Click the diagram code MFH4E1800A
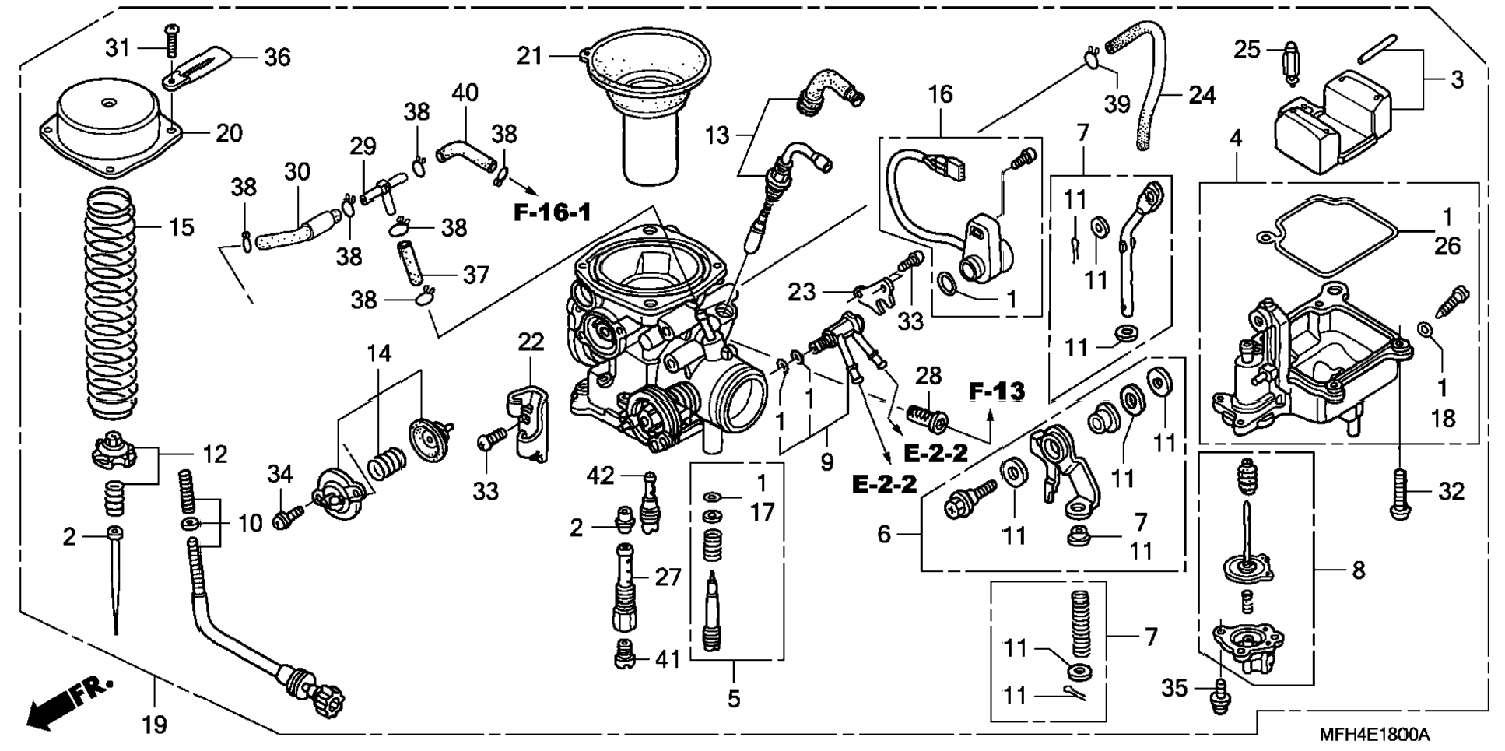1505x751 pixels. pyautogui.click(x=1373, y=735)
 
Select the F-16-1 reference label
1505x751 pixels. pyautogui.click(x=553, y=212)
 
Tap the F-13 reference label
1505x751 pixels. pyautogui.click(x=997, y=391)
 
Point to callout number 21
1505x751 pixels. pyautogui.click(x=530, y=56)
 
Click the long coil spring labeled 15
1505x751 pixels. pyautogui.click(x=111, y=304)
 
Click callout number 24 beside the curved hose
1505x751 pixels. pyautogui.click(x=1202, y=95)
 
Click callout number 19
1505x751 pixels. pyautogui.click(x=155, y=725)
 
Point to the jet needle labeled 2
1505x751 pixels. pyautogui.click(x=115, y=584)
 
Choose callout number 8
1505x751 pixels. pyautogui.click(x=1358, y=570)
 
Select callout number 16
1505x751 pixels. pyautogui.click(x=940, y=94)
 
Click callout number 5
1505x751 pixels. pyautogui.click(x=734, y=698)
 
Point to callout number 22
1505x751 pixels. pyautogui.click(x=531, y=342)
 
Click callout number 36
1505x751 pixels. pyautogui.click(x=277, y=57)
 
